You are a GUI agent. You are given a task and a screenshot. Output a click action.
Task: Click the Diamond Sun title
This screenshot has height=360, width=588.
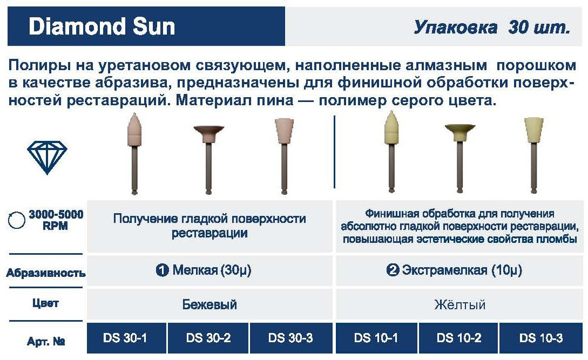102,26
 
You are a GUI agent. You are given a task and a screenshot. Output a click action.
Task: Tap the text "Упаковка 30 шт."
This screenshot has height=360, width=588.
492,27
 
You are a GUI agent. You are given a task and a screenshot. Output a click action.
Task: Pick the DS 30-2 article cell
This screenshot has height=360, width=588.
208,338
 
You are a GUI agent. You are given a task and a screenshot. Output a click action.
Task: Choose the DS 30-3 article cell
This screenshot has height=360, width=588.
290,338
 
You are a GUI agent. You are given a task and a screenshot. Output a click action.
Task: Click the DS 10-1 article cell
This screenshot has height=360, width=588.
376,338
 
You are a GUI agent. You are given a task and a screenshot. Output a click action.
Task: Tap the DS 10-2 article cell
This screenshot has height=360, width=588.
458,338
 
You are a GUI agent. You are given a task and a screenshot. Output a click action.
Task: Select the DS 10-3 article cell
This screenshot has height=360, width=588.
541,338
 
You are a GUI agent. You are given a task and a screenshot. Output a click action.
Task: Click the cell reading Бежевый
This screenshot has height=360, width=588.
209,304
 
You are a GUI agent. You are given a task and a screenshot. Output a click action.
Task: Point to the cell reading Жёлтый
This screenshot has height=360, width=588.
459,304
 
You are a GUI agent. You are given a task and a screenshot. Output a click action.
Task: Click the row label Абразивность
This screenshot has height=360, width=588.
46,273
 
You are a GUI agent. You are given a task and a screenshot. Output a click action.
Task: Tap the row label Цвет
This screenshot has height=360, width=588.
45,303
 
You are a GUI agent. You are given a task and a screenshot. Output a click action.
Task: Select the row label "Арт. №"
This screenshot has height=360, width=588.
46,341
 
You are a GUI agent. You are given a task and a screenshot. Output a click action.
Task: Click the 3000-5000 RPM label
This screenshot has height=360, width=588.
56,220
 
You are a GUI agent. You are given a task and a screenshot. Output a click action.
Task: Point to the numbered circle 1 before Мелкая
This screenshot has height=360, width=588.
162,270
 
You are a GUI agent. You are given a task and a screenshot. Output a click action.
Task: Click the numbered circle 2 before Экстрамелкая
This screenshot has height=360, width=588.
393,270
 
